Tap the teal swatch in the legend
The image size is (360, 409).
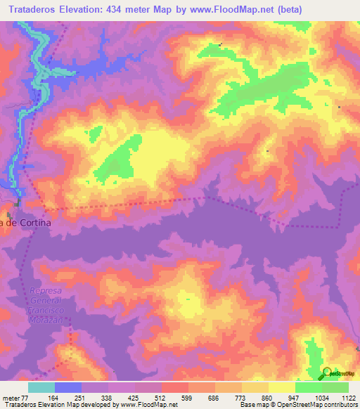point(41,387)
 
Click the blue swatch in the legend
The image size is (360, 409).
point(68,387)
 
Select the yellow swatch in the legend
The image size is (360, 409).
point(281,387)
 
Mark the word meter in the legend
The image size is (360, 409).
point(11,397)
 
